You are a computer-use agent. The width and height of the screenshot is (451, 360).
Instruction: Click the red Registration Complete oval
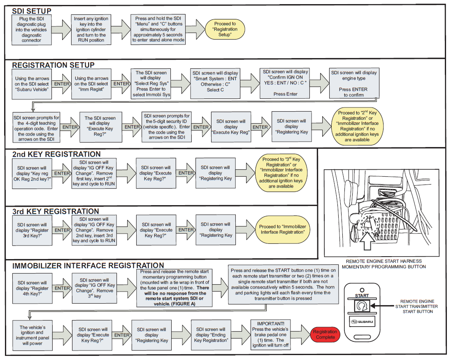325,334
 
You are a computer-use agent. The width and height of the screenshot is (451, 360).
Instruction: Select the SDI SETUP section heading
32,11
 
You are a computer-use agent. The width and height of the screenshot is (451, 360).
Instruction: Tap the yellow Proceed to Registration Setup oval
225,29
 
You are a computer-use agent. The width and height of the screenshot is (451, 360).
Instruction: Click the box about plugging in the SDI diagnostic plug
32,30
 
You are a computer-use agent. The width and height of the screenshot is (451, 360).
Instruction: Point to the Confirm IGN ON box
285,84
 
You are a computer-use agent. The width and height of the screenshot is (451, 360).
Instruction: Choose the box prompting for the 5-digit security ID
167,127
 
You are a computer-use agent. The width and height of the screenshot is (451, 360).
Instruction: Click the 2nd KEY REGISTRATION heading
56,154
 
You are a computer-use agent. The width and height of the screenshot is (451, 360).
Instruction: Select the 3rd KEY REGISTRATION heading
56,211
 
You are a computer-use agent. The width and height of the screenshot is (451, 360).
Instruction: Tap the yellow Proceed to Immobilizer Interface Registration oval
282,229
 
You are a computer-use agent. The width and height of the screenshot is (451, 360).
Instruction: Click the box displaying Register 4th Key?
32,288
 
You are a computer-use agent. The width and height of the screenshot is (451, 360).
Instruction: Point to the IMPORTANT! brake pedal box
270,334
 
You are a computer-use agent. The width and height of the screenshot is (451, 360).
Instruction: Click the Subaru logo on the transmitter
362,322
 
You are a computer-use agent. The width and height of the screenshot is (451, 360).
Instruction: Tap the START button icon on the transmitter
362,306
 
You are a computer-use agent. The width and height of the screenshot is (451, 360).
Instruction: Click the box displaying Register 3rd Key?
32,230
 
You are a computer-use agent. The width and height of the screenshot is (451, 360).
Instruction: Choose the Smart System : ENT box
215,84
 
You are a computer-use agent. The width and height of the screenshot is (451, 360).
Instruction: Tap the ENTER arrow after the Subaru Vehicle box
62,84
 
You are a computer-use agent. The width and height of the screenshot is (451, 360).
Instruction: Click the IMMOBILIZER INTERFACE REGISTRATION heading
88,265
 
